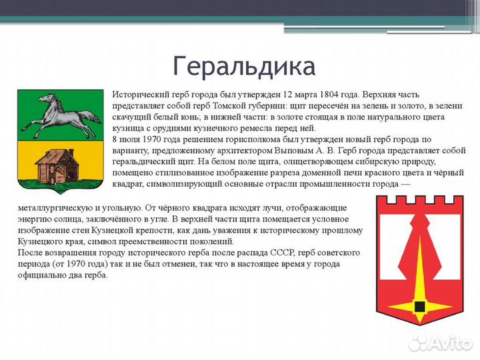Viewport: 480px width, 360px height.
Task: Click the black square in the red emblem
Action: point(419,306)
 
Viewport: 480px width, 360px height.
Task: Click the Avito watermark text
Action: point(448,343)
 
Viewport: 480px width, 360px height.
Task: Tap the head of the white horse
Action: point(45,100)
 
